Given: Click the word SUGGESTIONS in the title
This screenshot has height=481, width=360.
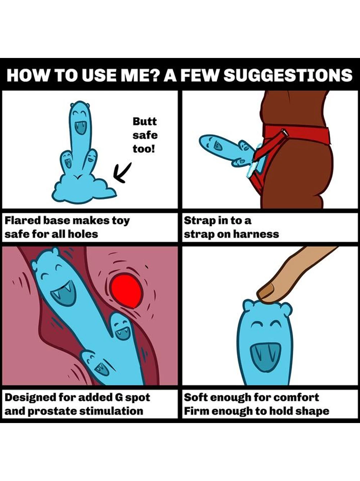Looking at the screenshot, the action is pyautogui.click(x=289, y=75).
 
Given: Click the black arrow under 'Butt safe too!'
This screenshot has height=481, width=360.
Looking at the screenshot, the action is pyautogui.click(x=122, y=172).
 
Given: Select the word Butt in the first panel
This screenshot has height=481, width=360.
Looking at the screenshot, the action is pyautogui.click(x=145, y=121).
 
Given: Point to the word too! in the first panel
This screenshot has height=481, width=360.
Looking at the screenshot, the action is pyautogui.click(x=144, y=149).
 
